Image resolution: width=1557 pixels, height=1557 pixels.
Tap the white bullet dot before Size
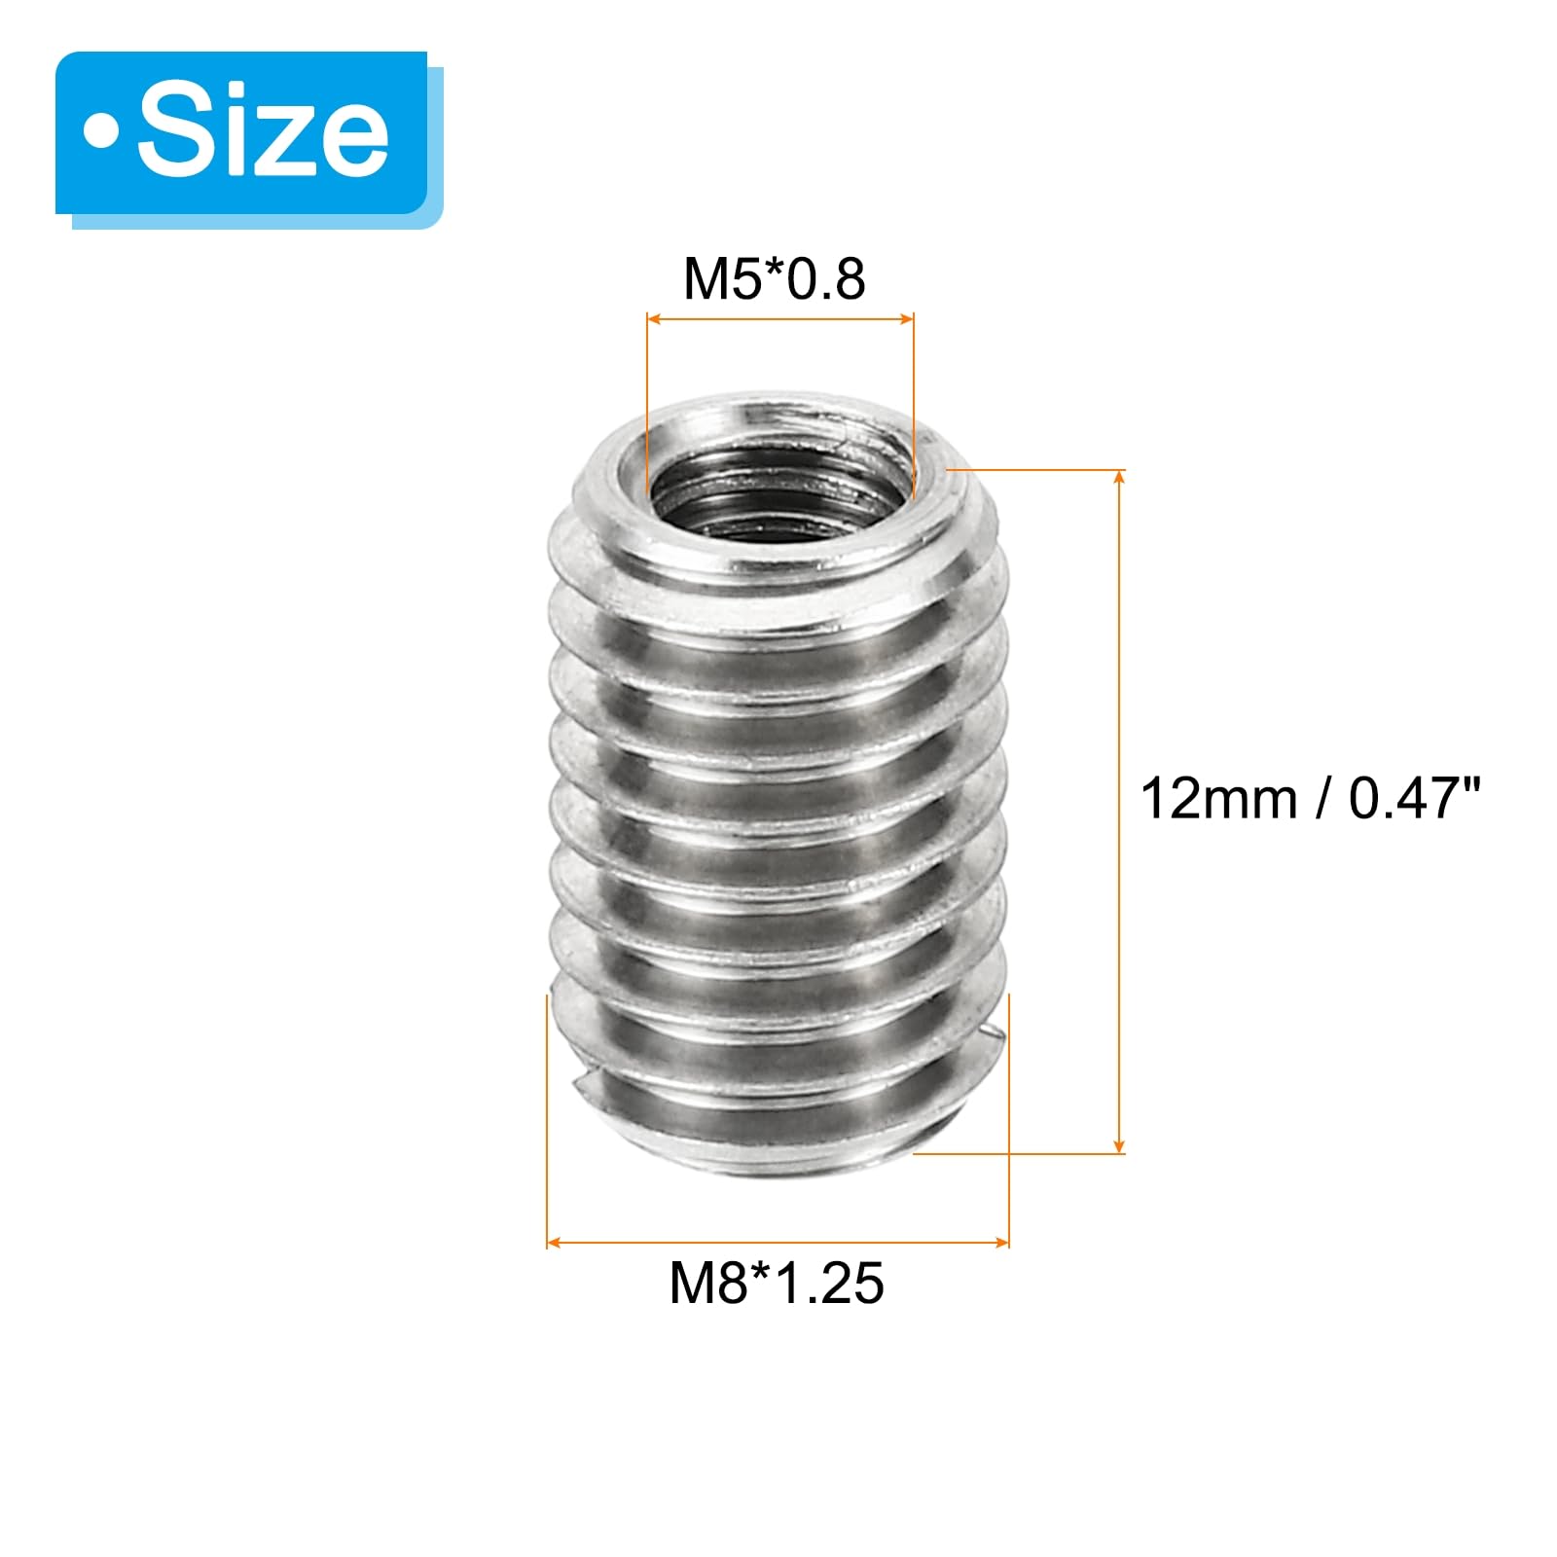(100, 132)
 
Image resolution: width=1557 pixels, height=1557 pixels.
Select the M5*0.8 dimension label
(775, 278)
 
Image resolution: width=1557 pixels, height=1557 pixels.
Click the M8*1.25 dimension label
(777, 1283)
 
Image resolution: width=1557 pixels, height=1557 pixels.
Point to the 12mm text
(1218, 799)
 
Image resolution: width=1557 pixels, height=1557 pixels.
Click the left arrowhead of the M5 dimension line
(655, 318)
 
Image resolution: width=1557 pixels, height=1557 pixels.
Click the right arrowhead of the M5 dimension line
(906, 318)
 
